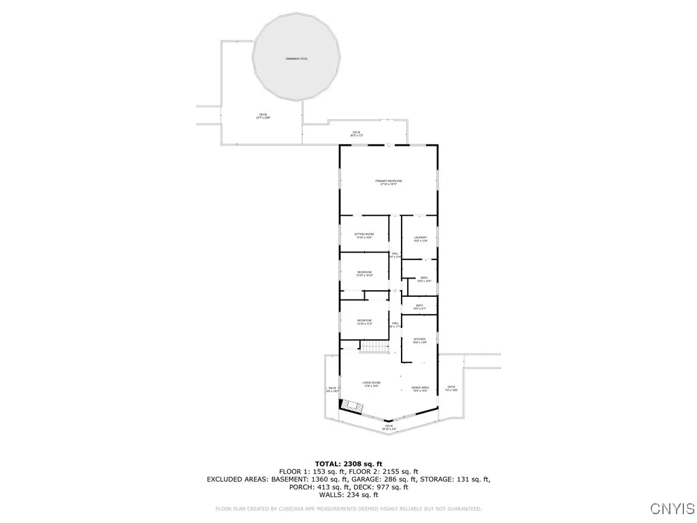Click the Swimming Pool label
click(297, 59)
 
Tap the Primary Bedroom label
click(389, 182)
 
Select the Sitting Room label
click(364, 235)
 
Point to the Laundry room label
click(420, 239)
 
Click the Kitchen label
click(420, 340)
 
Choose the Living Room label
click(372, 384)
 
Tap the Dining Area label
click(420, 389)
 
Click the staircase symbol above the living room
click(373, 347)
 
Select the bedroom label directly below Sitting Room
click(364, 273)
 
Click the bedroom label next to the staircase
click(364, 321)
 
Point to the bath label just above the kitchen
click(420, 306)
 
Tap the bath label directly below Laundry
click(423, 279)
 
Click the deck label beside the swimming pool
click(263, 116)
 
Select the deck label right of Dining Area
click(451, 388)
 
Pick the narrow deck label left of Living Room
click(332, 390)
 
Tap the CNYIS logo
click(672, 509)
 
